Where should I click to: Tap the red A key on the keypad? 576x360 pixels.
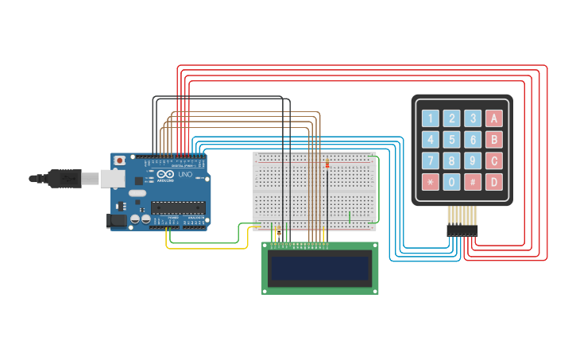(x=493, y=118)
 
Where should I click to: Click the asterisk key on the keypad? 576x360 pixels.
(x=430, y=182)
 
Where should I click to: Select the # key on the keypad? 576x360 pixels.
(x=472, y=182)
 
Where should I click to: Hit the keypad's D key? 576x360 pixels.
(x=493, y=182)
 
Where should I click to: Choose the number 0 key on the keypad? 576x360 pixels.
(x=451, y=182)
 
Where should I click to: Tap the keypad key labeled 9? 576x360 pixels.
(x=472, y=161)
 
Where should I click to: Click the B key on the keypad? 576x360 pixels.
(x=493, y=140)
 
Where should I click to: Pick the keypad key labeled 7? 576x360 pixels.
(x=430, y=161)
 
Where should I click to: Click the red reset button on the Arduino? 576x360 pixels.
(x=119, y=160)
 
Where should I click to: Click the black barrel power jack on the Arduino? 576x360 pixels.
(x=116, y=220)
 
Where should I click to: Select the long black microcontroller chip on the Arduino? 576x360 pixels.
(x=178, y=207)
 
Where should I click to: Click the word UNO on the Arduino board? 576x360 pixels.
(x=184, y=174)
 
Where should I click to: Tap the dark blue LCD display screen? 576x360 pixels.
(x=320, y=269)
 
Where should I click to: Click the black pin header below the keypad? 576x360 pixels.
(x=462, y=230)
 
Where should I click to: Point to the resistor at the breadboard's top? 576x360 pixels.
(x=327, y=164)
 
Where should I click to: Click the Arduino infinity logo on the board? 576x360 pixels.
(x=165, y=174)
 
